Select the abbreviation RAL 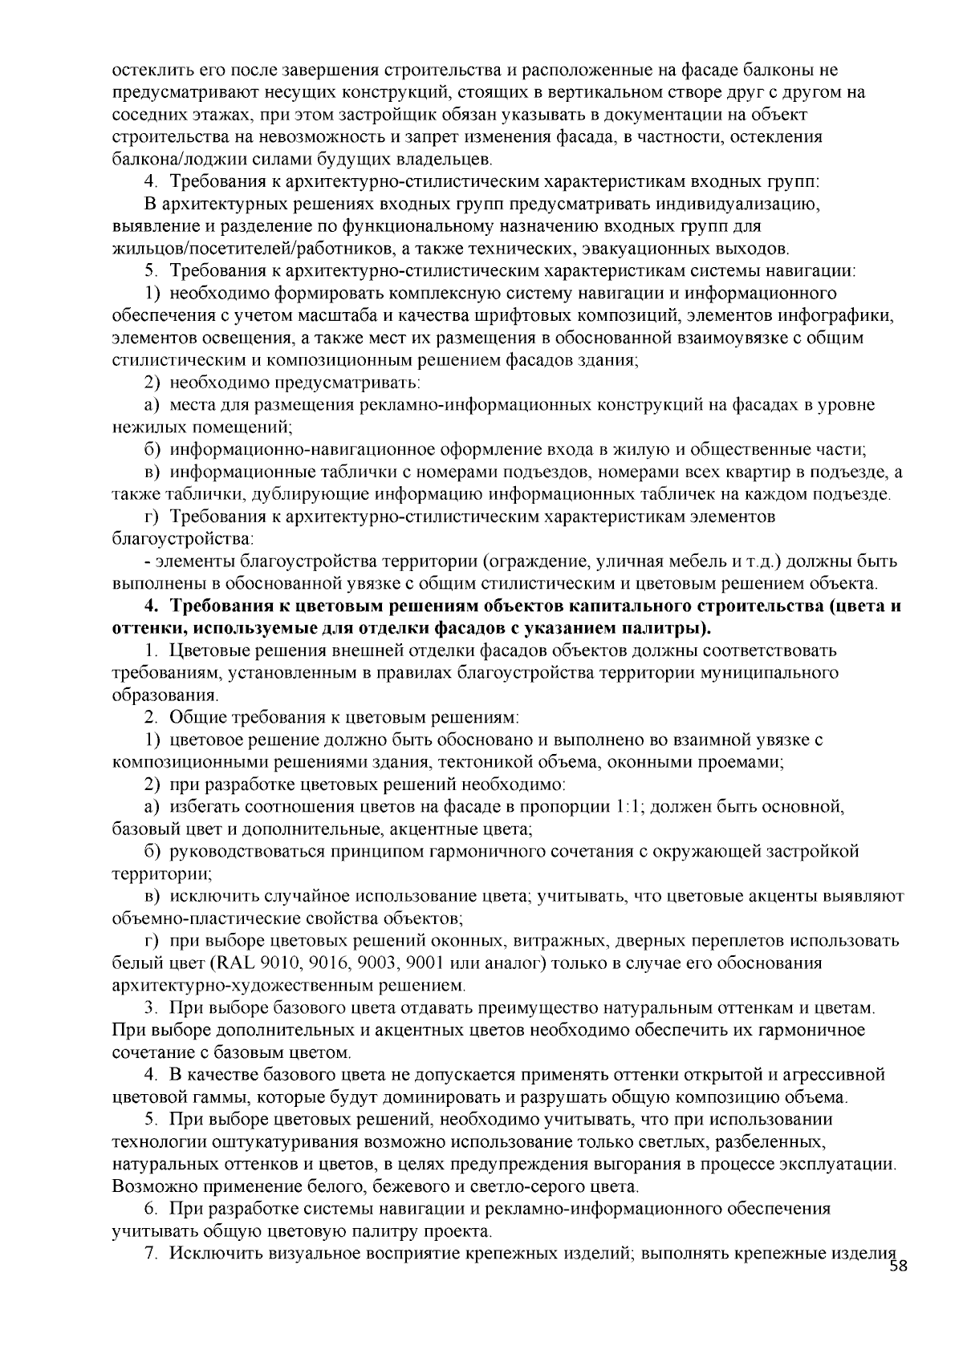[226, 963]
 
